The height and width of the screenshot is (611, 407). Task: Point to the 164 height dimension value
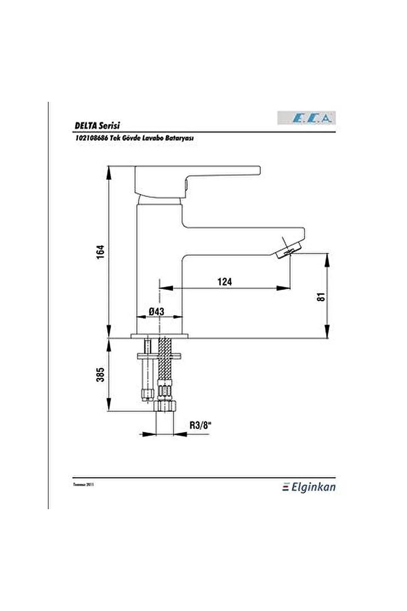[101, 252]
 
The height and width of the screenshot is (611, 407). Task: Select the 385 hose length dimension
[101, 375]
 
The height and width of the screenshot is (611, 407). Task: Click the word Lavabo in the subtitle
[151, 138]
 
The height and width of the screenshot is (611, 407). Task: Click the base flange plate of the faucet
[160, 336]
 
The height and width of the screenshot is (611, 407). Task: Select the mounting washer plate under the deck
[159, 356]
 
